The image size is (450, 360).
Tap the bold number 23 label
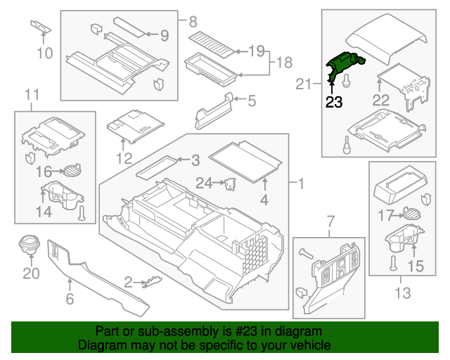[x=333, y=103]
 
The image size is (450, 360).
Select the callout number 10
[x=44, y=53]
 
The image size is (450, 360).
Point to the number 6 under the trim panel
[x=69, y=299]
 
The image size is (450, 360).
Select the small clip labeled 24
[x=229, y=184]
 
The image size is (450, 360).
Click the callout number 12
[x=124, y=158]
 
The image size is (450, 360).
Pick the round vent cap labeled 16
[x=71, y=169]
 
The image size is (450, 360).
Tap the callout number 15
[x=416, y=266]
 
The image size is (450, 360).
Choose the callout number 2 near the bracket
[x=128, y=282]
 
